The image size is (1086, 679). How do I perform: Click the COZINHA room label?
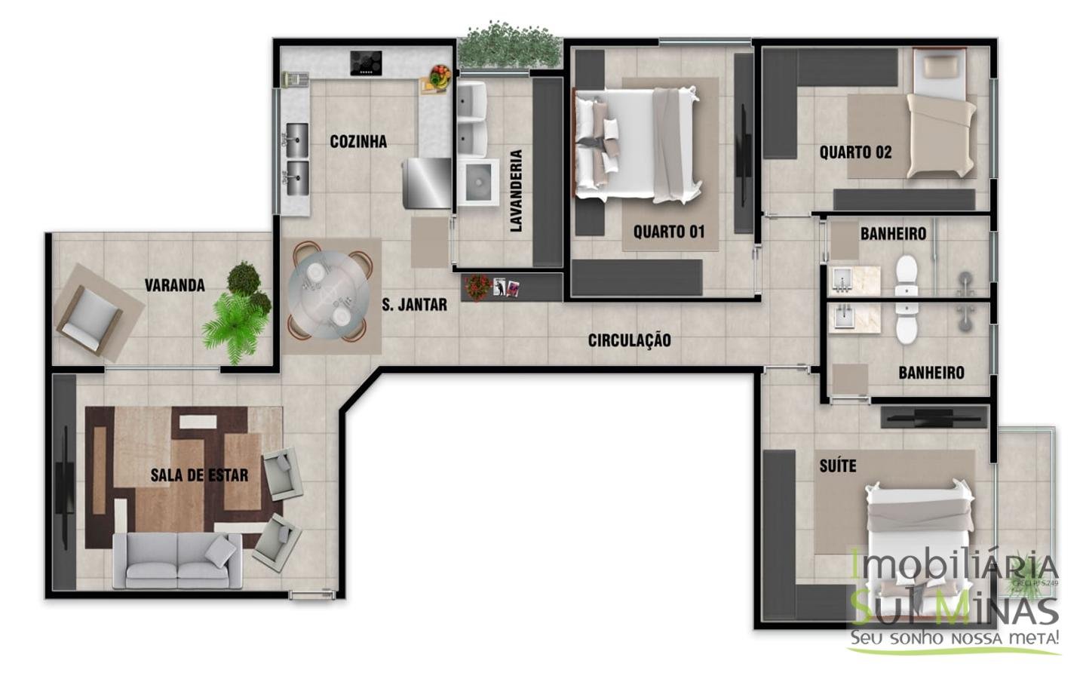(358, 142)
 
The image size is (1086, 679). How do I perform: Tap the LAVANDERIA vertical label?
(517, 191)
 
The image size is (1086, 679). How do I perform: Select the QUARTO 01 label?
(668, 232)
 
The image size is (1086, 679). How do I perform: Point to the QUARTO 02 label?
(855, 152)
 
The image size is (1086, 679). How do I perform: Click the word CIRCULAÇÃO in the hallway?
(629, 340)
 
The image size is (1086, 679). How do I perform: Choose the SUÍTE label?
(838, 465)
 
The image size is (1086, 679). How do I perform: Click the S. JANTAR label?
(414, 305)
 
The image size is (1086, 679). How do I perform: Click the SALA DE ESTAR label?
(199, 475)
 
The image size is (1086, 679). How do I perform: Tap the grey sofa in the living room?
(178, 559)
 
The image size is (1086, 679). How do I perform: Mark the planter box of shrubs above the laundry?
(511, 47)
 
